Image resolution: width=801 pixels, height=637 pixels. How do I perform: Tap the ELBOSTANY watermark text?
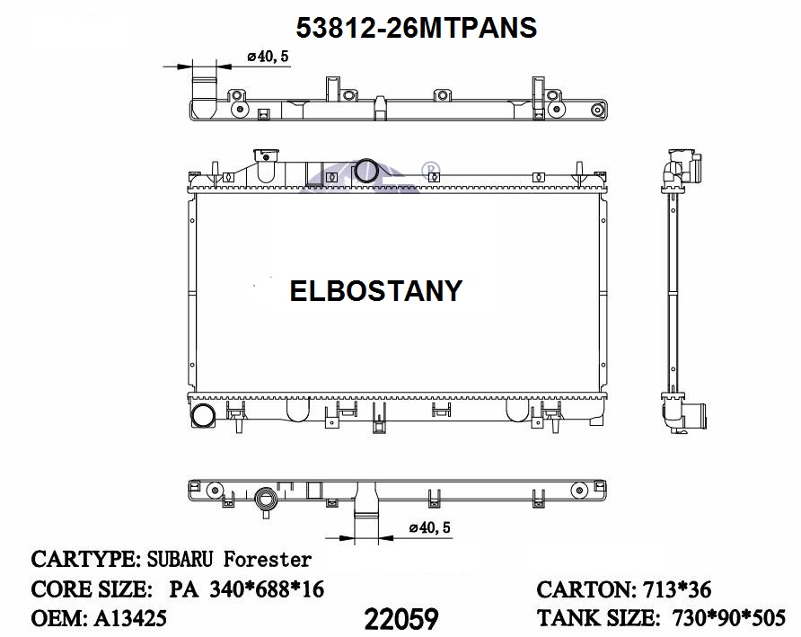[375, 290]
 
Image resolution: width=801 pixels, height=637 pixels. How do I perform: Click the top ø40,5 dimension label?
[267, 57]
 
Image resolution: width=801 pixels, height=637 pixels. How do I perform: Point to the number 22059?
[401, 618]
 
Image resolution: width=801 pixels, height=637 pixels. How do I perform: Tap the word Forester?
[268, 560]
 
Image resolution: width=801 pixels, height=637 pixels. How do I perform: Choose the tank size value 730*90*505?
[728, 618]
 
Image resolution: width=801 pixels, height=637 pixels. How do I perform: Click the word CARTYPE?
[82, 560]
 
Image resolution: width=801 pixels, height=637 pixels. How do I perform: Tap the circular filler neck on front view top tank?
[367, 170]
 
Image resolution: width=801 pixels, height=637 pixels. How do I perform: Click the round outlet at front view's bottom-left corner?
[203, 416]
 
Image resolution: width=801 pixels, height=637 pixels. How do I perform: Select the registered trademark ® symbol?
[430, 167]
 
